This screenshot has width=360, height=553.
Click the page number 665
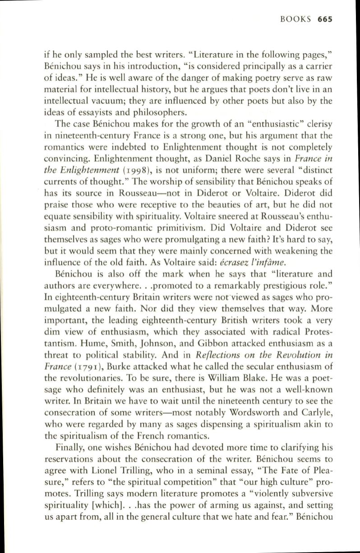click(325, 19)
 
